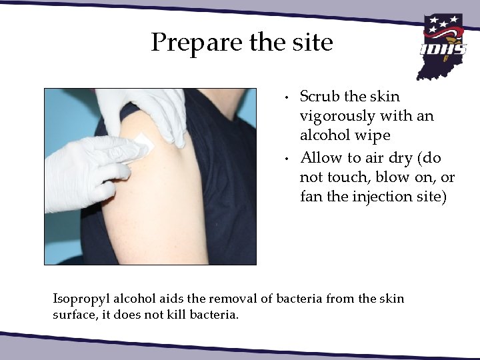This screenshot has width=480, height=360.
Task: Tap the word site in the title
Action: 310,43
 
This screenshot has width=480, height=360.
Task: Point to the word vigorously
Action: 337,117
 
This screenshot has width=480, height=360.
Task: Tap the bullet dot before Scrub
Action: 285,98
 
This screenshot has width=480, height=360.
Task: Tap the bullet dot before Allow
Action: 285,159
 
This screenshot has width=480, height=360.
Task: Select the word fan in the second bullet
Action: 310,197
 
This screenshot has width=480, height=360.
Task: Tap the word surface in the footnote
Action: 75,314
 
